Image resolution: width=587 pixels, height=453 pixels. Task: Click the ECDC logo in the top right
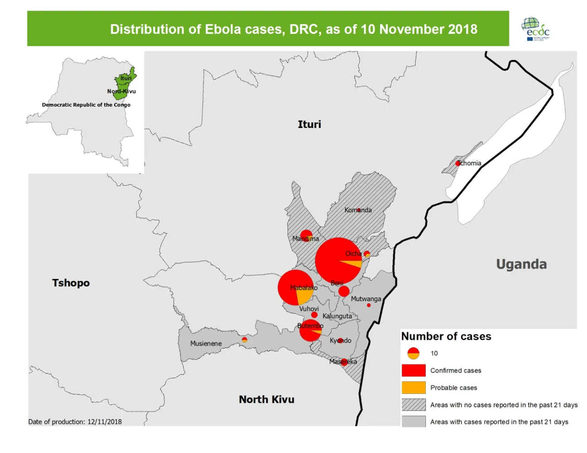(536, 29)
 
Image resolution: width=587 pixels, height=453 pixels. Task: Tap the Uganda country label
(521, 264)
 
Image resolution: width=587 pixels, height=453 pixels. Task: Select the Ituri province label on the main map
(309, 124)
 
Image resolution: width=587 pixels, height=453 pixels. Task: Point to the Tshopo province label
(71, 283)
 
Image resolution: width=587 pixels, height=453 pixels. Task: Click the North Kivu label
(266, 400)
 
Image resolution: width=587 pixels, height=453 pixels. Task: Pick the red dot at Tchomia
(458, 163)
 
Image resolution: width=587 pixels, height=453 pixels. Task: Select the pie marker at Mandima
(307, 236)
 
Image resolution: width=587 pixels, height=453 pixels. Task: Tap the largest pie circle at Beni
(338, 261)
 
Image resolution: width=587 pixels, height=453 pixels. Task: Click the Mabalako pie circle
(295, 288)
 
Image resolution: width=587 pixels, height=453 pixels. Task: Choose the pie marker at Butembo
(310, 331)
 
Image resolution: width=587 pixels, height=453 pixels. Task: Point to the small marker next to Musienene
(245, 340)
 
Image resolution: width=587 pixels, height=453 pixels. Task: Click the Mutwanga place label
(366, 299)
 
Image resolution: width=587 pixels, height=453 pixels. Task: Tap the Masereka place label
(343, 362)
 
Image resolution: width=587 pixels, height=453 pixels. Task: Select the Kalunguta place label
(337, 316)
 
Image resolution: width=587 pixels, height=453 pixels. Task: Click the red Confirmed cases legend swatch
(413, 371)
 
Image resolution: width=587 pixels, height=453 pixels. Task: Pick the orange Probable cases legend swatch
(413, 388)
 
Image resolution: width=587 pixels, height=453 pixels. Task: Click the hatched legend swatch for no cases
(413, 405)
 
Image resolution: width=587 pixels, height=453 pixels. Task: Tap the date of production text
(75, 422)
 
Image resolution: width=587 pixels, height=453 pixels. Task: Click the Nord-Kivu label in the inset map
(121, 91)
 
